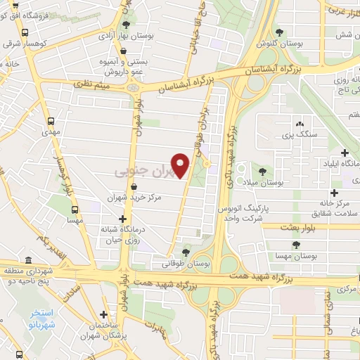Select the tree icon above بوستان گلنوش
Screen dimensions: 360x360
[280, 32]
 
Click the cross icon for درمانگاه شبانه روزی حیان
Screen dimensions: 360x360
[124, 219]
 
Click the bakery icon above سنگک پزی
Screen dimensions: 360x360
[300, 122]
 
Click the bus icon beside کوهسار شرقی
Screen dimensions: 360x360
[25, 32]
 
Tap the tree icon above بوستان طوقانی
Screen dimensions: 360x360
[186, 252]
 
